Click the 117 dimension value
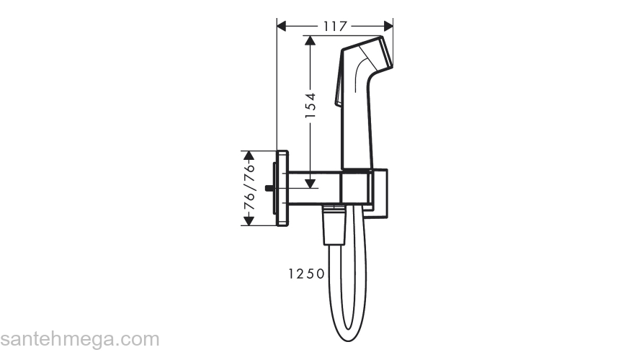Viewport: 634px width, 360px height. pos(335,26)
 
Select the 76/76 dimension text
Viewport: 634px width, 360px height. pos(249,187)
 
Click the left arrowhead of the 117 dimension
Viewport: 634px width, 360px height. pos(282,26)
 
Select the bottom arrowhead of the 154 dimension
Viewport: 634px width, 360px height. pos(311,183)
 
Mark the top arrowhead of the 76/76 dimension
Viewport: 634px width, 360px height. pos(249,155)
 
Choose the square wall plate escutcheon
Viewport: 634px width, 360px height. pos(282,188)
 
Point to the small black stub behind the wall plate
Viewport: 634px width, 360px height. pos(269,189)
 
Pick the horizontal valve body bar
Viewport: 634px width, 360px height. pos(314,187)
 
